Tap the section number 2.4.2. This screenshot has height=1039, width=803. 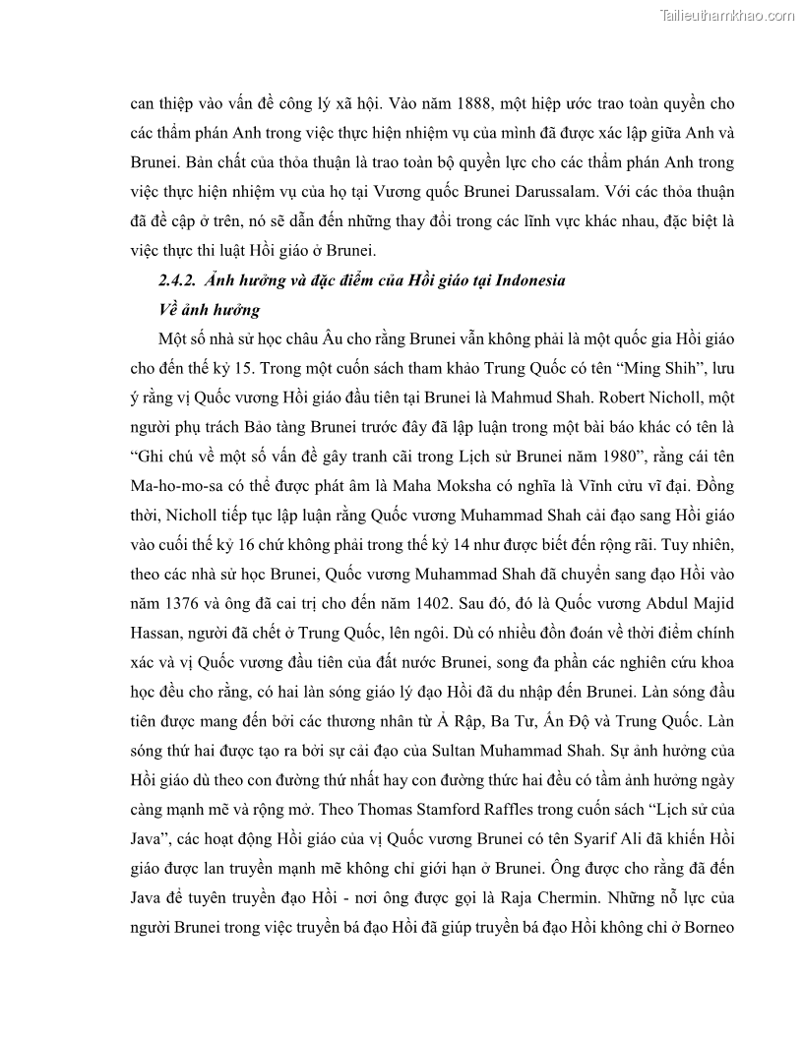point(179,280)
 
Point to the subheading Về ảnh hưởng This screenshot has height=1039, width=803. point(209,310)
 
